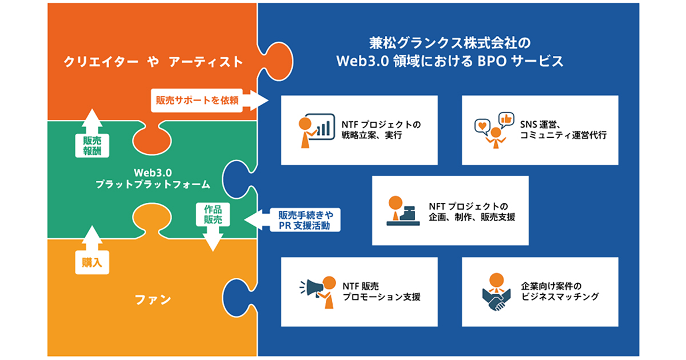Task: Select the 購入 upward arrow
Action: [x=91, y=251]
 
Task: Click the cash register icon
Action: [x=404, y=211]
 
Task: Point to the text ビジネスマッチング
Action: [x=560, y=297]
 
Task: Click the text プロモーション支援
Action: [x=381, y=297]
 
